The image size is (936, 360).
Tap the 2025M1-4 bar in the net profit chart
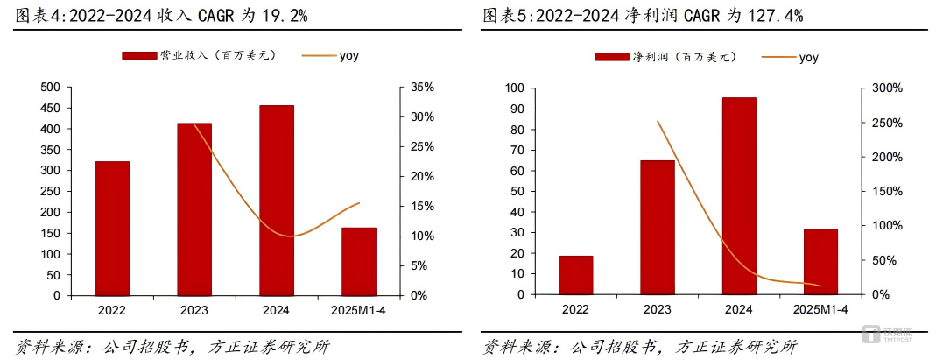820,262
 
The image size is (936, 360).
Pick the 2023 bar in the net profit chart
658,228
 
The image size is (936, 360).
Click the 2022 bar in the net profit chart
576,275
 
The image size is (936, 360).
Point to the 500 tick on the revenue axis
51,88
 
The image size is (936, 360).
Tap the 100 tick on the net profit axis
515,88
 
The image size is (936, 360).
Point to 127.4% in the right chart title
775,16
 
